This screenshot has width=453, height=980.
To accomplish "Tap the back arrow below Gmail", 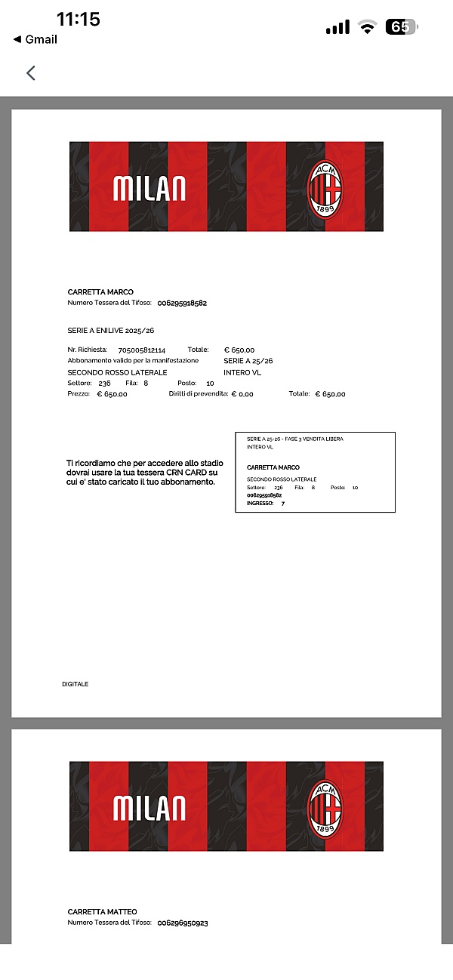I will (31, 73).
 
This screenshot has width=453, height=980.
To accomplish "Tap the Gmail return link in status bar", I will (35, 39).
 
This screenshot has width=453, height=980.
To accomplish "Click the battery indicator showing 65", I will (401, 27).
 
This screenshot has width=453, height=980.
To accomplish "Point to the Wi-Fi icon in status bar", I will (368, 28).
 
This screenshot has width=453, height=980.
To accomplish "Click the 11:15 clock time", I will (79, 19).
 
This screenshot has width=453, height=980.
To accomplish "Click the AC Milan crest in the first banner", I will (326, 187).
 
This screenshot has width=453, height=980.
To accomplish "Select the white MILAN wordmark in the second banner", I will (149, 807).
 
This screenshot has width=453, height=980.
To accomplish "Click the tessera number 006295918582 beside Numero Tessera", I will (182, 304).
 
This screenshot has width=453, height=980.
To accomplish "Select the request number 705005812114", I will (142, 350).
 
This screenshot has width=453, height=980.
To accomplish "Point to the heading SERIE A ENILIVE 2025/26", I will (111, 331).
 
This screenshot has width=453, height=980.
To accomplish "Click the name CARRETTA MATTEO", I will (103, 912).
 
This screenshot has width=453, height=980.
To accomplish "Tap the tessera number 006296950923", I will (183, 923).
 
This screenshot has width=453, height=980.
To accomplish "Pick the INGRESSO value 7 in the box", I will (283, 503).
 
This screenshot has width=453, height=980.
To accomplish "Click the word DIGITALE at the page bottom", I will (75, 684).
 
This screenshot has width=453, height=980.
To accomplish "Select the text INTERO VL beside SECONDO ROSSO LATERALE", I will (242, 372).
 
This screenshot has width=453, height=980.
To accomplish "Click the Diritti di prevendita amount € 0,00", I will (242, 394).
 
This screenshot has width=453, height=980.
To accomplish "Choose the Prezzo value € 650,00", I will (112, 394).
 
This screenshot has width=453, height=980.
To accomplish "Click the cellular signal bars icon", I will (337, 28).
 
